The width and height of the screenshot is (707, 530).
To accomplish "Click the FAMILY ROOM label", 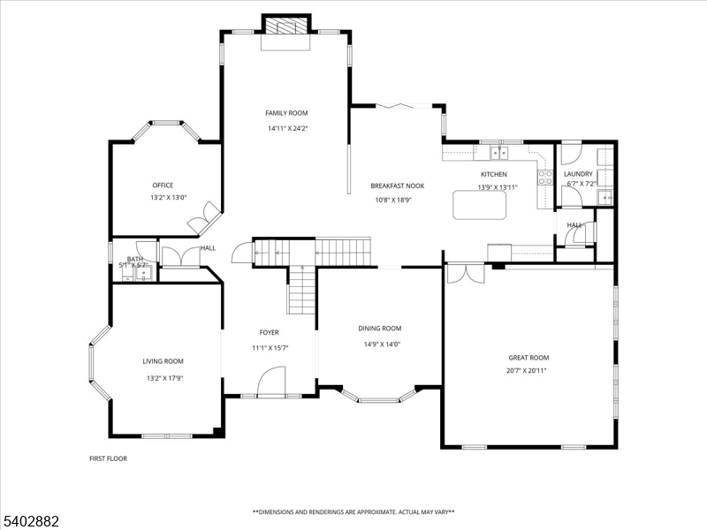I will coord(287,113).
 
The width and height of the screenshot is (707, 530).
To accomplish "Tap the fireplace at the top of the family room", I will coord(287,26).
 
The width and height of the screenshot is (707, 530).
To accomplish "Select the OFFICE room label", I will coord(162,185).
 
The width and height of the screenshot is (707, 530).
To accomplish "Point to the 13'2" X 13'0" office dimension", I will coord(168,198).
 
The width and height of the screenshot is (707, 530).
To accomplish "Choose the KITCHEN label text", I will coord(493,175).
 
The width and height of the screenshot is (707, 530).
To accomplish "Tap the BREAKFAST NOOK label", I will coord(397,186).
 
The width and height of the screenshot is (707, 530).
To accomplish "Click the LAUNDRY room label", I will coord(578,175).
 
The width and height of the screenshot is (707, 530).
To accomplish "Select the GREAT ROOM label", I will coord(528,358).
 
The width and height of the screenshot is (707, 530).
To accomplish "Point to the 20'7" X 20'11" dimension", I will coord(528,370).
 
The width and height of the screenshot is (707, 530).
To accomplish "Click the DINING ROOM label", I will coord(380,328).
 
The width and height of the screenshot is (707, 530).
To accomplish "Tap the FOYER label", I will coord(269,333).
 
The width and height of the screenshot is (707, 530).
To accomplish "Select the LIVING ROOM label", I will coord(163,361).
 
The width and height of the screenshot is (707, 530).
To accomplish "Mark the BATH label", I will coord(134,259).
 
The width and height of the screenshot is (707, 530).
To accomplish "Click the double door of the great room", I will coord(465,273).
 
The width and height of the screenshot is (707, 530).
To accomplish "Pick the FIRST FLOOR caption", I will coord(108,458).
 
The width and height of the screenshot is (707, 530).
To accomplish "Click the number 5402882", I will coord(30,522).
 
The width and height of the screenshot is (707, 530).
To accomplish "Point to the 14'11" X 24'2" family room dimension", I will coord(287,128).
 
